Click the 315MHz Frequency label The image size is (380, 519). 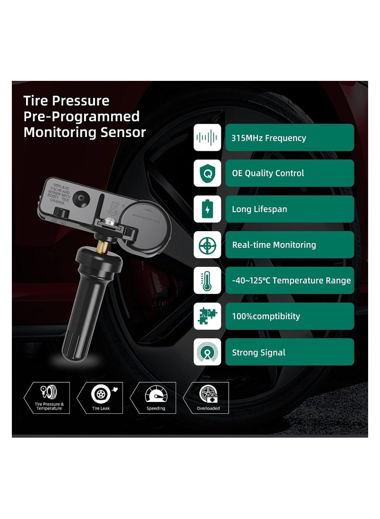click(269, 138)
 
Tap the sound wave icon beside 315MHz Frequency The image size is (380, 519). click(207, 137)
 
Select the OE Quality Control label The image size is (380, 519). click(268, 174)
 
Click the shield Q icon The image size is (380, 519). click(207, 173)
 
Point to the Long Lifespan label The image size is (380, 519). click(259, 209)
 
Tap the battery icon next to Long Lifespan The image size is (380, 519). click(207, 209)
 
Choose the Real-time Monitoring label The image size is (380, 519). click(274, 245)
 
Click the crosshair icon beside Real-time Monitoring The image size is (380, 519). click(207, 245)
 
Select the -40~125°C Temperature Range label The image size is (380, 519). click(291, 281)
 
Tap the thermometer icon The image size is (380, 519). click(207, 280)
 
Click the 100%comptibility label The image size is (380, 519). click(266, 316)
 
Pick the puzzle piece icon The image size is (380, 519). click(207, 316)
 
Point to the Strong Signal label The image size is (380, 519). click(258, 353)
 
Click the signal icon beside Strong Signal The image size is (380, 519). click(207, 352)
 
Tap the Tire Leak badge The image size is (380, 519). click(101, 398)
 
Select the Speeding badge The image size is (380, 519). click(155, 398)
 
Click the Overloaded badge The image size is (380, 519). click(208, 398)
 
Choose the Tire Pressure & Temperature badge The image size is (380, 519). click(48, 398)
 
